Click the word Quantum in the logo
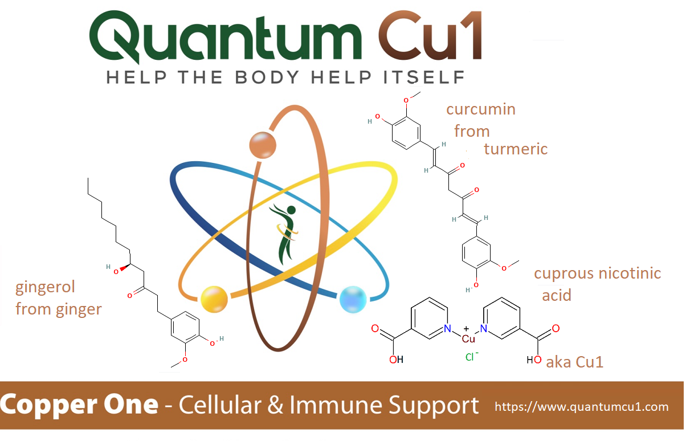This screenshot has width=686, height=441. coord(226,36)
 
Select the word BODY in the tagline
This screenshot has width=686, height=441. coord(267,77)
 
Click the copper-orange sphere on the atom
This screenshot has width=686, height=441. coord(263,145)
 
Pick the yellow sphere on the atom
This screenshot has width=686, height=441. coord(214,299)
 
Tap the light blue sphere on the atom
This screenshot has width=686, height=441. coord(353,299)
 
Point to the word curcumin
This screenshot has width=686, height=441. coord(481,109)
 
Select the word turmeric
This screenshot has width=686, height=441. coord(516,149)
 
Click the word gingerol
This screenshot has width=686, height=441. coord(45,288)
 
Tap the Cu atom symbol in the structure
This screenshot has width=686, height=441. coord(468,338)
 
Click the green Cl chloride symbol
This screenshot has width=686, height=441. coord(469,357)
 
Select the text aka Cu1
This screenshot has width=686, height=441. coord(574,362)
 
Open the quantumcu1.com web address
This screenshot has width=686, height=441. coord(582,407)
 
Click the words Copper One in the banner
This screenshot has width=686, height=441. coord(79,405)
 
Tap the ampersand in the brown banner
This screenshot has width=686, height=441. coord(275,405)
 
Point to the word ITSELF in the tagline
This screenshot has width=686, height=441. coord(424,77)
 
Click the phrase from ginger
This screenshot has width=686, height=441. coord(59,309)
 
